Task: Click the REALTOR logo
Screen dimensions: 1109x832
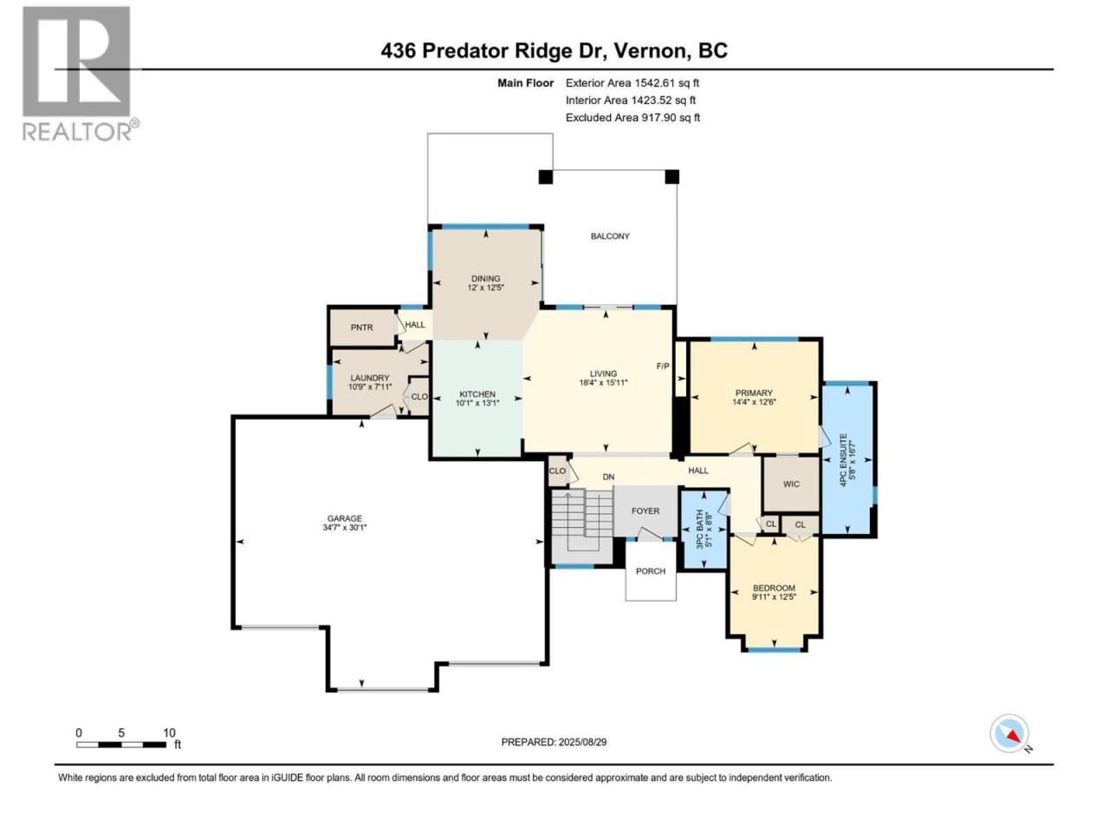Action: coord(81,74)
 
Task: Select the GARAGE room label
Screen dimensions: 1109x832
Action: coord(344,518)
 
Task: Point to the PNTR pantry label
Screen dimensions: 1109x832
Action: coord(362,328)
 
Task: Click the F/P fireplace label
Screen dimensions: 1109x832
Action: coord(663,366)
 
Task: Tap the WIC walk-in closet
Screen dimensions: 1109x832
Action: coord(791,484)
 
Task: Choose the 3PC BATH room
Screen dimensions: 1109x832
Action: coord(704,530)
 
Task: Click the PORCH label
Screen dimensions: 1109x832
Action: coord(651,571)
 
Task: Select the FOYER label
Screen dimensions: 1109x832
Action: coord(645,510)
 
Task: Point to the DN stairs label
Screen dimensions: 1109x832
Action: coord(608,477)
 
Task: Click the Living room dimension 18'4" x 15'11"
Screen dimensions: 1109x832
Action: coord(603,382)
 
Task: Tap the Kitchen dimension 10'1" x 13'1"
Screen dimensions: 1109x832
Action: coord(477,403)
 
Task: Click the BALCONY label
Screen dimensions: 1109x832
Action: coord(610,236)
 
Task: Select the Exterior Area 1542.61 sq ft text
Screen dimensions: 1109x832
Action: coord(632,83)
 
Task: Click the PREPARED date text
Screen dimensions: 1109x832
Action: coord(554,742)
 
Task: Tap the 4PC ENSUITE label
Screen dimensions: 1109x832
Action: coord(842,459)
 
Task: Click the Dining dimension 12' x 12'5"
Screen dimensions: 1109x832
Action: coord(485,288)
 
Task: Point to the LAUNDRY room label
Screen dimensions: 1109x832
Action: coord(370,378)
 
